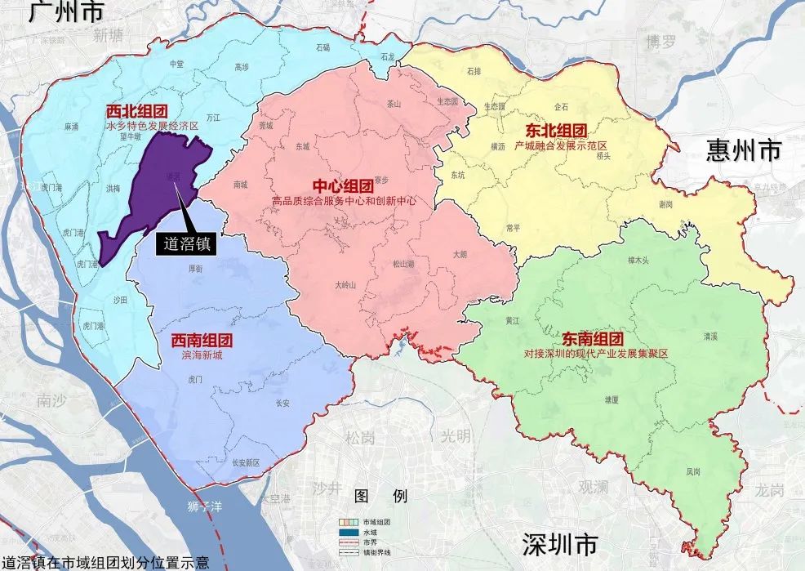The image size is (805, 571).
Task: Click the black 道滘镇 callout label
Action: (185, 243)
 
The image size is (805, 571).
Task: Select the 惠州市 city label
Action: (743, 150)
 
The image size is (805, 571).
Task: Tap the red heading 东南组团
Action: (593, 338)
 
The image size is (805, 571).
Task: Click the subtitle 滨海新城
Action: (197, 355)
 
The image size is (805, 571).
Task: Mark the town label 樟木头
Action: (638, 261)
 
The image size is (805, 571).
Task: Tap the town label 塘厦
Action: (611, 399)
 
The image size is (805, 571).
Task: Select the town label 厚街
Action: (196, 268)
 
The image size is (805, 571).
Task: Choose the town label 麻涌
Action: (71, 127)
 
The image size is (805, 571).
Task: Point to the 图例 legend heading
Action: (380, 496)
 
